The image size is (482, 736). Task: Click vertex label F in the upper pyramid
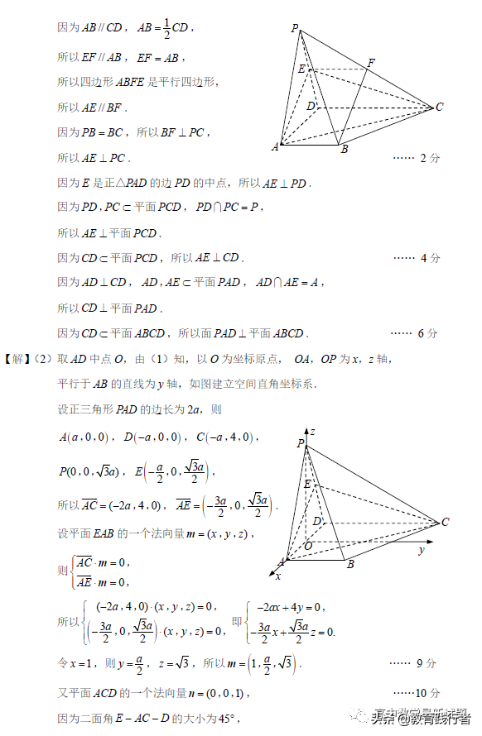coord(370,63)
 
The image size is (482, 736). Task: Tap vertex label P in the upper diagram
coord(295,29)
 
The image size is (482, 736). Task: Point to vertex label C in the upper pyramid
coord(439,107)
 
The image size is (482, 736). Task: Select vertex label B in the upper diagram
coord(344,149)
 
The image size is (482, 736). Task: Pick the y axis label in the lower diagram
coord(421,550)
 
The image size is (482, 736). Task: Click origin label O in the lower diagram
coord(307,546)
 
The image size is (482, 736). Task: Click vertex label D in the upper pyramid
coord(310,106)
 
